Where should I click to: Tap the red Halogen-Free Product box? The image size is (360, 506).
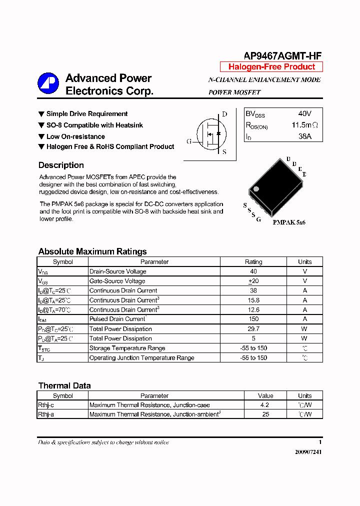[x=271, y=67]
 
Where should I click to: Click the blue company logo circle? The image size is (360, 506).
[x=48, y=83]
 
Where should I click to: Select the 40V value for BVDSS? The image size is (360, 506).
[x=304, y=114]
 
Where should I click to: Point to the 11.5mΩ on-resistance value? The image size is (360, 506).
[x=304, y=125]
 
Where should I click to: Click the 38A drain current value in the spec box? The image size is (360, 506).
[x=304, y=136]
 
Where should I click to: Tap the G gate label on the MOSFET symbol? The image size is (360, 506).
[x=189, y=141]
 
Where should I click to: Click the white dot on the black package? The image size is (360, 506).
[x=256, y=188]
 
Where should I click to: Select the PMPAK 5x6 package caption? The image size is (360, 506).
[x=289, y=222]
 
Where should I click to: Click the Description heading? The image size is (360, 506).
[x=61, y=165]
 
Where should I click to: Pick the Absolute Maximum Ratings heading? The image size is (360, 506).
[x=92, y=251]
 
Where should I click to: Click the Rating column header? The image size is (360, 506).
[x=253, y=262]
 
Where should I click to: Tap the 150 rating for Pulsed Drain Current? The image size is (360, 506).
[x=253, y=319]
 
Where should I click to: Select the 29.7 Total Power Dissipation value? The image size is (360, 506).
[x=253, y=329]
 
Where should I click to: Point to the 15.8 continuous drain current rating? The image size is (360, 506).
[x=253, y=300]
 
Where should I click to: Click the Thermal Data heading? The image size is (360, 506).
[x=64, y=385]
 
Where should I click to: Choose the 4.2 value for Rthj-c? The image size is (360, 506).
[x=265, y=405]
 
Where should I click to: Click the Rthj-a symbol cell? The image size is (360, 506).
[x=46, y=414]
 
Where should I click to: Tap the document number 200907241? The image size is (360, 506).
[x=308, y=451]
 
